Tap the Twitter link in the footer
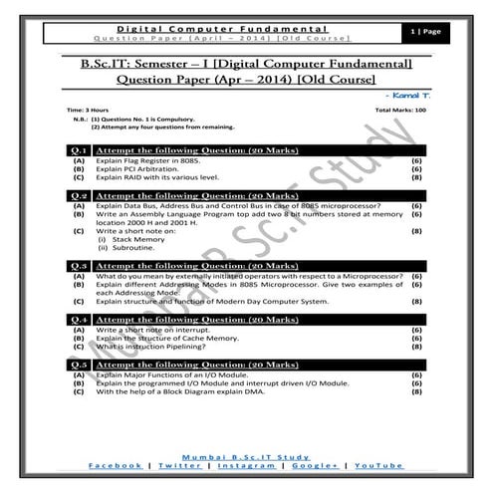pos(177,465)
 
